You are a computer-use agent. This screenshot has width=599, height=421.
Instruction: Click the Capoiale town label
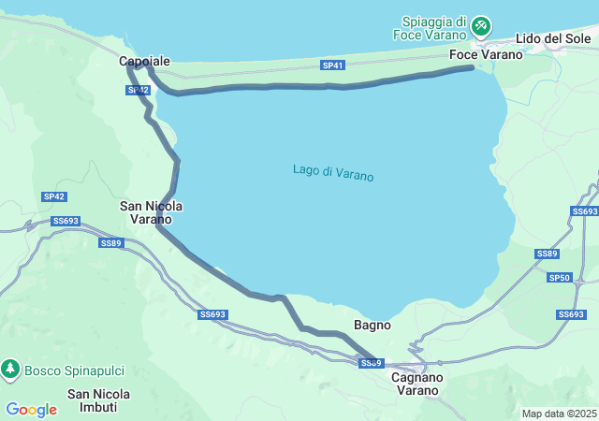[x=145, y=61]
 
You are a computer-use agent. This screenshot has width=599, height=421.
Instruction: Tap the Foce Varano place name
[x=486, y=54]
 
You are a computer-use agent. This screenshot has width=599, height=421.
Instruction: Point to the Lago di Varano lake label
[x=333, y=172]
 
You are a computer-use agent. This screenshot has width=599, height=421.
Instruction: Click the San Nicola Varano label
[x=152, y=212]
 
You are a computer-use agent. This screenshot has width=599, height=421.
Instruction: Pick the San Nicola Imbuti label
[x=98, y=400]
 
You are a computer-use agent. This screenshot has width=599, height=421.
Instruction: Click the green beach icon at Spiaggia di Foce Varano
[x=481, y=25]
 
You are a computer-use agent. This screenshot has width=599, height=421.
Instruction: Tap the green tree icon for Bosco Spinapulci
[x=10, y=370]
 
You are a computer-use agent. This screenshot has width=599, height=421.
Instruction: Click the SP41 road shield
[x=333, y=65]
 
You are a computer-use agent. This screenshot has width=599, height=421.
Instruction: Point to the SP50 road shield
[x=560, y=278]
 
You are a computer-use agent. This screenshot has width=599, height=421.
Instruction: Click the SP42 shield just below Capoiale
[x=138, y=90]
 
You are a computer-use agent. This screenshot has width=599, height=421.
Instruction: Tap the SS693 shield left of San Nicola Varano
[x=66, y=221]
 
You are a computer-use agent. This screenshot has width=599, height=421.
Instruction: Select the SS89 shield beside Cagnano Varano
[x=372, y=363]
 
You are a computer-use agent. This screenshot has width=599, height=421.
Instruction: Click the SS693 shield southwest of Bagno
[x=213, y=315]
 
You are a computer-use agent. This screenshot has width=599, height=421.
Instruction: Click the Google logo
[x=32, y=409]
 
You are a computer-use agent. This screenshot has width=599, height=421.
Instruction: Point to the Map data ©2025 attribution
[x=559, y=414]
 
